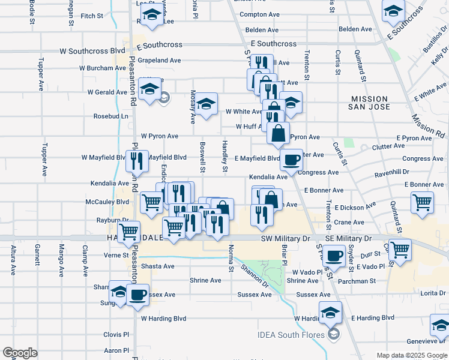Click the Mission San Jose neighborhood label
pos(371,103)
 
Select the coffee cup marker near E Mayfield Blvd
pos(291,160)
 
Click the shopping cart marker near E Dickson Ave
pos(423,202)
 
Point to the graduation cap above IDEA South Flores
pos(330,313)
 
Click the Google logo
pos(20,353)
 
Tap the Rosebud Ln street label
pos(110,116)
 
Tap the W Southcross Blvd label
pos(92,51)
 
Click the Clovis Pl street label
pos(116,335)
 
